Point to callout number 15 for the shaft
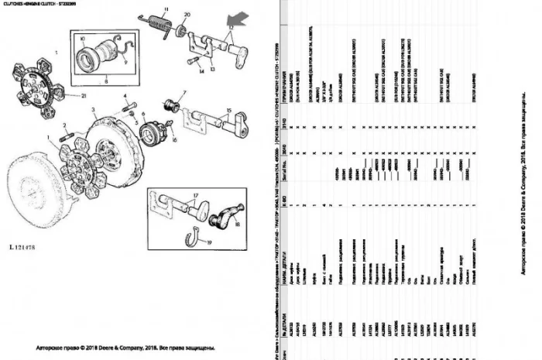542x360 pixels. (229, 111)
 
